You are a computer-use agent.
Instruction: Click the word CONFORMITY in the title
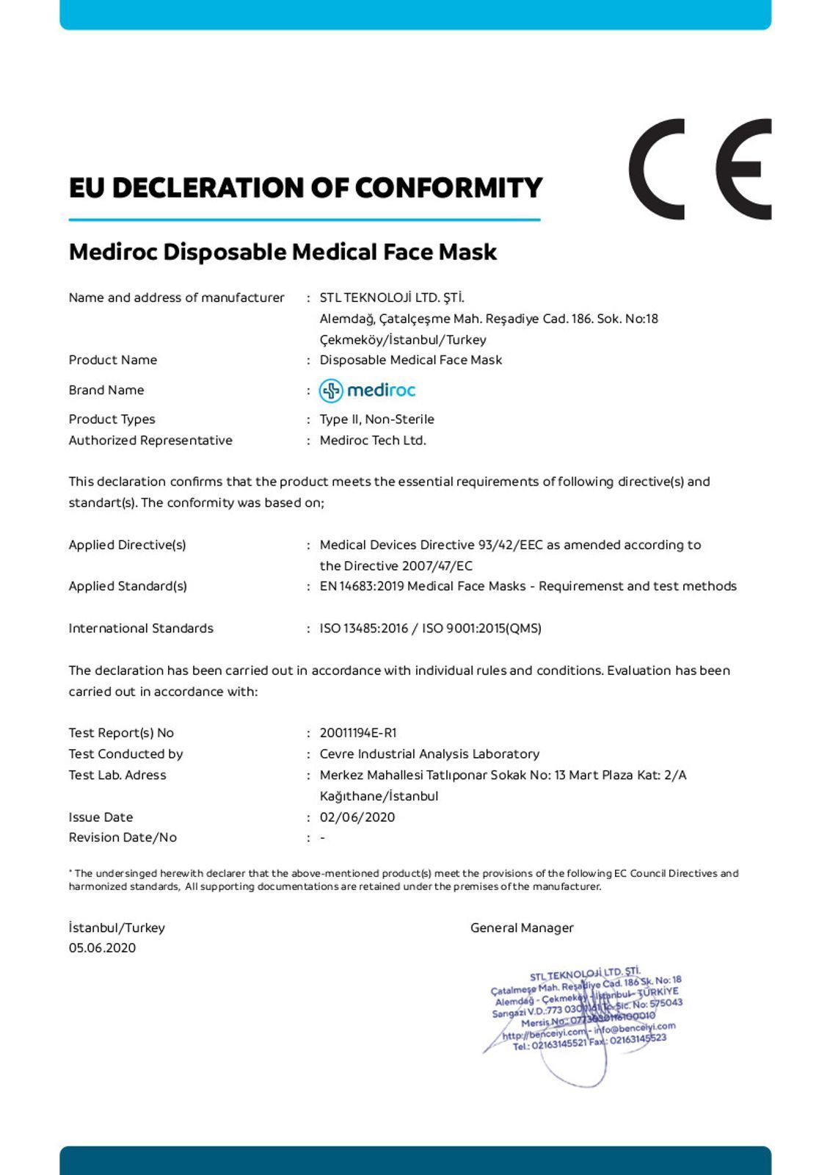point(448,188)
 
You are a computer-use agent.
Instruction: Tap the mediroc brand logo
point(368,390)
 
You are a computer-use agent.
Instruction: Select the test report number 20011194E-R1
point(358,733)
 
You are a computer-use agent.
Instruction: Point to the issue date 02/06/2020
point(357,817)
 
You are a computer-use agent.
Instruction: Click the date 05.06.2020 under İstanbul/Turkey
point(102,948)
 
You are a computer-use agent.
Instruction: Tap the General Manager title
point(522,928)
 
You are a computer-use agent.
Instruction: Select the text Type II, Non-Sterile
point(377,419)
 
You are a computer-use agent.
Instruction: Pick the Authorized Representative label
point(150,441)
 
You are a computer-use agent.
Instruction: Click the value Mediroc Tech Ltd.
point(373,441)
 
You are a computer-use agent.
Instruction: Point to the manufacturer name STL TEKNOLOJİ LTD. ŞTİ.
point(392,297)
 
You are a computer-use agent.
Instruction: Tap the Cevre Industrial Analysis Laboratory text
point(429,754)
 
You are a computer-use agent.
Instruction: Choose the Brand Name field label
point(106,390)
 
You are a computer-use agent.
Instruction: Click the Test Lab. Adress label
point(117,775)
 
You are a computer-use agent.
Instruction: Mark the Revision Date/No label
point(123,838)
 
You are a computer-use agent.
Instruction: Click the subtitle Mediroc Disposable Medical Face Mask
point(283,252)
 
